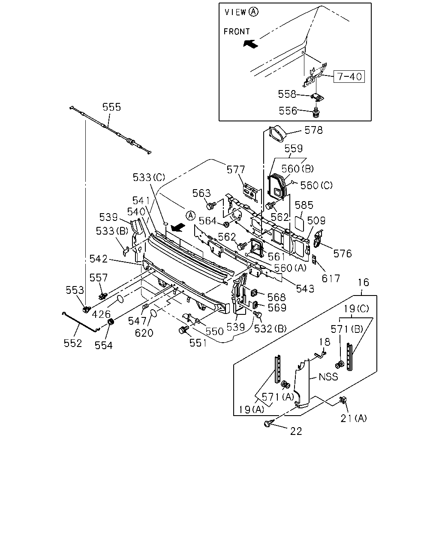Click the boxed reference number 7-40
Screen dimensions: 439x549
(x=349, y=76)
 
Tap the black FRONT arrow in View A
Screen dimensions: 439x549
(x=250, y=44)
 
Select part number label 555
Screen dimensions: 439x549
(x=111, y=107)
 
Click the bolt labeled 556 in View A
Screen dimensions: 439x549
(x=316, y=112)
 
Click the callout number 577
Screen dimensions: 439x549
(x=236, y=170)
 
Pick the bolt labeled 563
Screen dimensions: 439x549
(x=210, y=205)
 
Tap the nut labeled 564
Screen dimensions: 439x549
(x=226, y=224)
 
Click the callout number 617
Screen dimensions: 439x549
(x=331, y=278)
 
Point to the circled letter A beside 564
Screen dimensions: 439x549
(x=190, y=216)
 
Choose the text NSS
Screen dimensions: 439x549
(x=328, y=377)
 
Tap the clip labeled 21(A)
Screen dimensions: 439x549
(x=343, y=400)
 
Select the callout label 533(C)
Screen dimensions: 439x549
(x=149, y=177)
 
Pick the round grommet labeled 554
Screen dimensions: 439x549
(x=111, y=321)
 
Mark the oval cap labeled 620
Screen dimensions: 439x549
(x=153, y=313)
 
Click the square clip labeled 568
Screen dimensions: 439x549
(x=254, y=293)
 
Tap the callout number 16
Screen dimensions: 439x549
(x=363, y=282)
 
